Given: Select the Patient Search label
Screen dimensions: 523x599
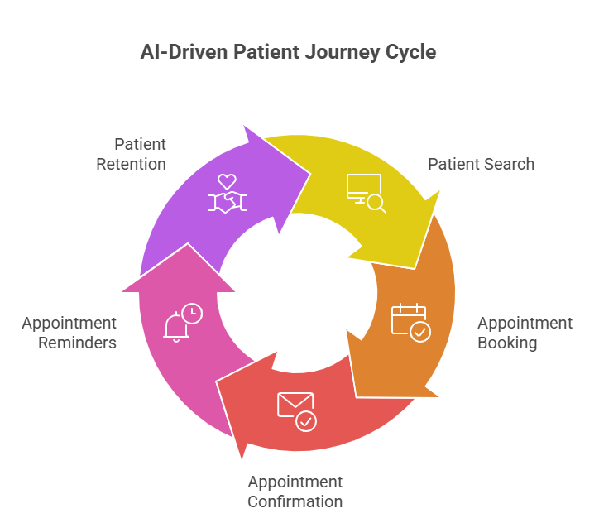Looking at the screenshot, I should click(481, 164).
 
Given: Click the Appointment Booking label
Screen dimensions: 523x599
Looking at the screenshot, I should click(525, 333).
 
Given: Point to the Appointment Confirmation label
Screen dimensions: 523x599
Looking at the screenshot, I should click(295, 492).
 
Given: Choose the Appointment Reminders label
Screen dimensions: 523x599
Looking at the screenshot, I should click(69, 333).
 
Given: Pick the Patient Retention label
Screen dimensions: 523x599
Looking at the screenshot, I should click(131, 154).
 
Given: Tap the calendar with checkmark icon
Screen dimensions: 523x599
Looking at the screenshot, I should click(410, 322).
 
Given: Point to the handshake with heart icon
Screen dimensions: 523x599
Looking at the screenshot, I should click(227, 194).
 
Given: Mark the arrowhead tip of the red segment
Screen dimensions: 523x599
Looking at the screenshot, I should click(242, 460).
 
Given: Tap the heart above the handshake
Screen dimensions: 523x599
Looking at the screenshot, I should click(227, 180).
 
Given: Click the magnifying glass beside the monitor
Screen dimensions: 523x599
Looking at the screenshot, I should click(376, 203).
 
